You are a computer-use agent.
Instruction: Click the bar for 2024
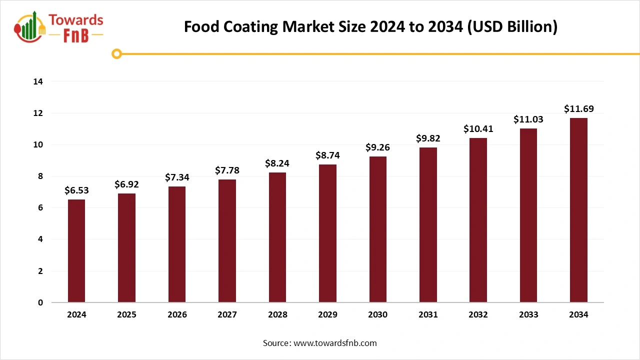coord(76,251)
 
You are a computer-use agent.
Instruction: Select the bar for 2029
coord(327,233)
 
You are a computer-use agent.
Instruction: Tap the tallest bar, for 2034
coord(578,210)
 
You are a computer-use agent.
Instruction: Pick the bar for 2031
coord(428,225)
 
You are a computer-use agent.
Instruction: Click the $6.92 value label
coord(126,184)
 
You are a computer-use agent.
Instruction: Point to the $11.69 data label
coord(578,109)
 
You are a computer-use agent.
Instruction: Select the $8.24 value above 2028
coord(277,163)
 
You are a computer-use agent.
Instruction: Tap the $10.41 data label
coord(478,129)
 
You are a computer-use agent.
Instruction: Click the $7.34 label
coord(177,177)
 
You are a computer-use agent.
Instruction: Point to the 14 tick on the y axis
coord(38,81)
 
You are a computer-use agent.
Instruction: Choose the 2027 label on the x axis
coord(227,315)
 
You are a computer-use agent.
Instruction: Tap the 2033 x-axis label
coord(528,315)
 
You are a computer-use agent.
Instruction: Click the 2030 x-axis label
coord(377,315)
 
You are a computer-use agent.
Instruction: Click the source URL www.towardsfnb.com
coord(335,343)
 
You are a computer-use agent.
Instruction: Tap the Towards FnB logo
coord(59,26)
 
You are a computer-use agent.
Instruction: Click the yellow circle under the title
coord(116,53)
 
